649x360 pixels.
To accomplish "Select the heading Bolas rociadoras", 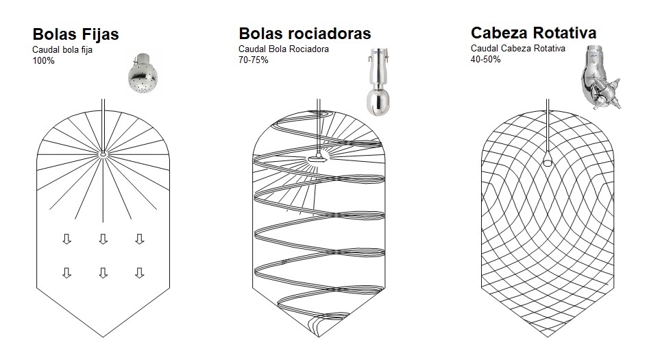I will point(304,34).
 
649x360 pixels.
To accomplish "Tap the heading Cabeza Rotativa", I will point(533,33).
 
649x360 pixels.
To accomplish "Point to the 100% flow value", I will point(43,61).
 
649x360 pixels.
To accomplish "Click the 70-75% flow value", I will point(254,60).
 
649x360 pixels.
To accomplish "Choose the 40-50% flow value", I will point(486,60).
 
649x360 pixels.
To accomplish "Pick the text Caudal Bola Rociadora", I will point(284,49).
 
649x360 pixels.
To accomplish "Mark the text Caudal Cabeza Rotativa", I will point(517,48).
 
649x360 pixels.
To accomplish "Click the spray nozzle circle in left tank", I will point(102,155).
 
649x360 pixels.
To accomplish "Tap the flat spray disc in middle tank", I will point(317,159).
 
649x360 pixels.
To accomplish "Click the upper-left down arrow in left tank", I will point(66,239).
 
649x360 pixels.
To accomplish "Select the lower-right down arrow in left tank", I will point(139,272).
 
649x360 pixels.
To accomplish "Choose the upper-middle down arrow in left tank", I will point(103,239).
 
